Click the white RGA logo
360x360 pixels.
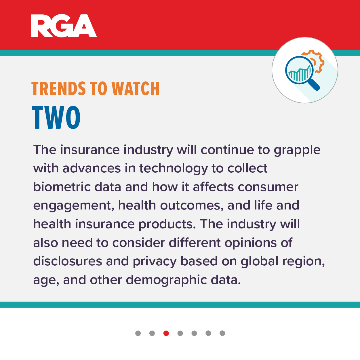coord(64,26)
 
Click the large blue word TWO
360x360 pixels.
coord(56,117)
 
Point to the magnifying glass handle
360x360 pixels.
coord(314,84)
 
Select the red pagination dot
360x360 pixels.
coord(166,333)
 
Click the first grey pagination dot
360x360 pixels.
coord(138,333)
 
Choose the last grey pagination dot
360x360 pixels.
coord(222,333)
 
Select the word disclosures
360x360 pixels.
coord(68,261)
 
